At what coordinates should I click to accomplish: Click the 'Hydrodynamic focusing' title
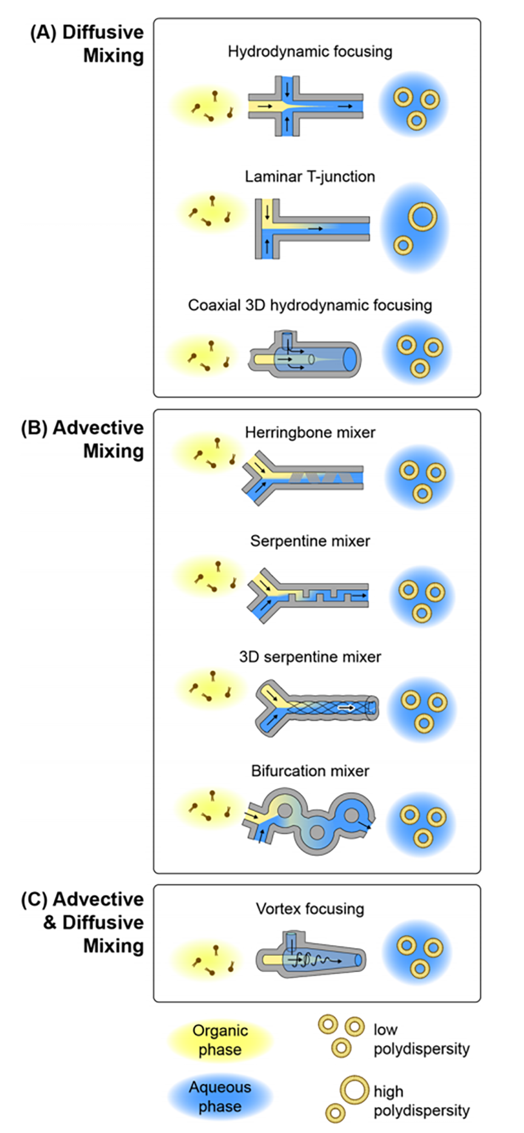(310, 52)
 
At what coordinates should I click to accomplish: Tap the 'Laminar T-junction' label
(310, 176)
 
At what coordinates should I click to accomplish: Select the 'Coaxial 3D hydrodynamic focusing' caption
(310, 305)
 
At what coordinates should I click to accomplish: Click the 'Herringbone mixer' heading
(310, 433)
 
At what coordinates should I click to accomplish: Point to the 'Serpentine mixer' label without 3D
(310, 541)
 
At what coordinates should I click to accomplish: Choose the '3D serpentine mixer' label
(310, 657)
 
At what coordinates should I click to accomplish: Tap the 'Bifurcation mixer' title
(310, 771)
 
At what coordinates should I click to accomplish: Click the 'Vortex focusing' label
(310, 909)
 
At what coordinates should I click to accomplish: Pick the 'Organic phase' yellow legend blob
(220, 1040)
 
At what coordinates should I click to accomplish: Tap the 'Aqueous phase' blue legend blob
(220, 1097)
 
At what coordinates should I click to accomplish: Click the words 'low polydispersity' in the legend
(421, 1039)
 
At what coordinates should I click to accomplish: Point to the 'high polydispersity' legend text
(421, 1101)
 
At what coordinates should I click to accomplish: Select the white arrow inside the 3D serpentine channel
(346, 708)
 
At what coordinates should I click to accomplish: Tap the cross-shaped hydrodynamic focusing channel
(305, 106)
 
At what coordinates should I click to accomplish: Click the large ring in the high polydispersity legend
(354, 1090)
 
